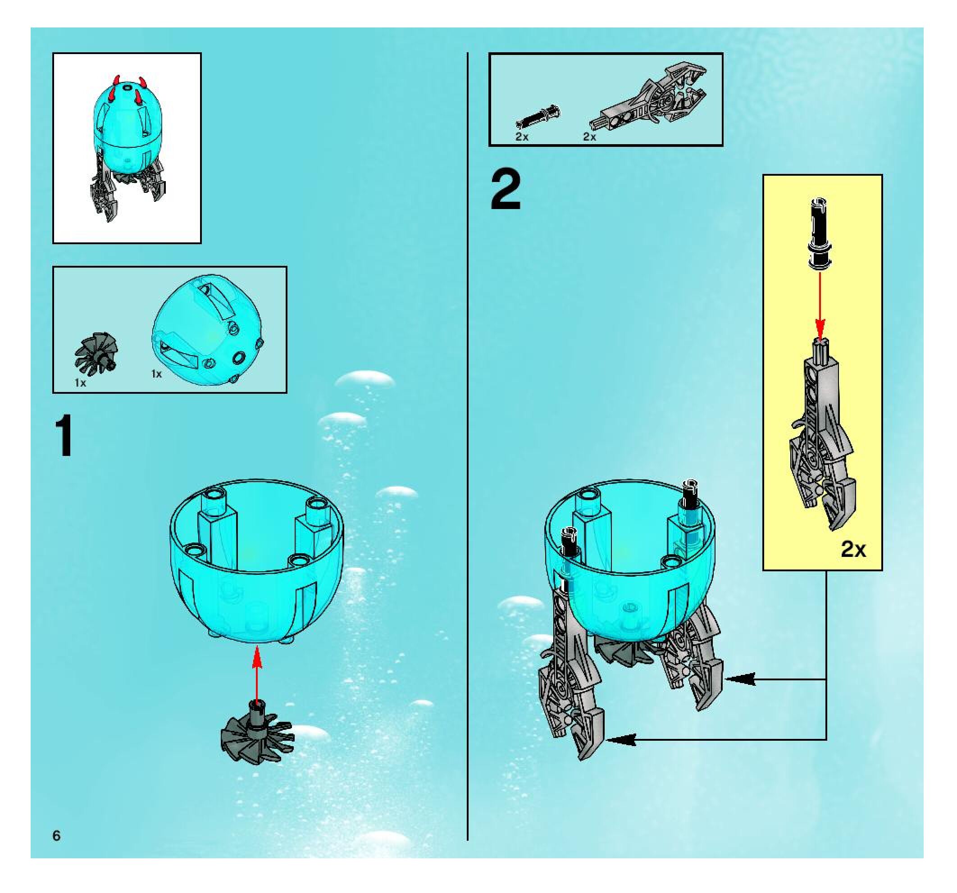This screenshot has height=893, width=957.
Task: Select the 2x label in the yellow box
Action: tap(853, 549)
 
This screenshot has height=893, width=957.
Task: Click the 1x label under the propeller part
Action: tap(80, 383)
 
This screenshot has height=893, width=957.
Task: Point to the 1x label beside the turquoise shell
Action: tap(156, 374)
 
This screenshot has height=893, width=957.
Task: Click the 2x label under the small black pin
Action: tap(522, 137)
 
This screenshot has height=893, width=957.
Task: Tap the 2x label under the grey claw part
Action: tap(590, 137)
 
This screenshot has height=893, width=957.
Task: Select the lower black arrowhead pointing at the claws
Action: tap(621, 739)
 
